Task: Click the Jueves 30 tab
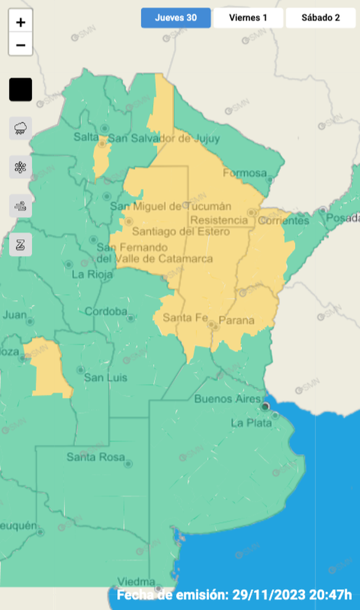pos(176,18)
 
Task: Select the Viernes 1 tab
pos(248,18)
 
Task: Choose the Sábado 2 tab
pos(320,18)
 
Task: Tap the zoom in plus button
pos(21,22)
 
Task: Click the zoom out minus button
pos(21,45)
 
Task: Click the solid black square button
pos(21,90)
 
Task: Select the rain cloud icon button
pos(21,128)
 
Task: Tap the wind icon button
pos(21,206)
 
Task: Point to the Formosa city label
pos(245,173)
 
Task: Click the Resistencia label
pos(217,219)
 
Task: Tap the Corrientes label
pos(284,221)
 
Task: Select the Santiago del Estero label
pos(181,232)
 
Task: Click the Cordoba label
pos(106,311)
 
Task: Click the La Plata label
pos(251,422)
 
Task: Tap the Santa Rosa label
pos(96,457)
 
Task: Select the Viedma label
pos(136,581)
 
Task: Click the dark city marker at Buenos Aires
pos(266,406)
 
